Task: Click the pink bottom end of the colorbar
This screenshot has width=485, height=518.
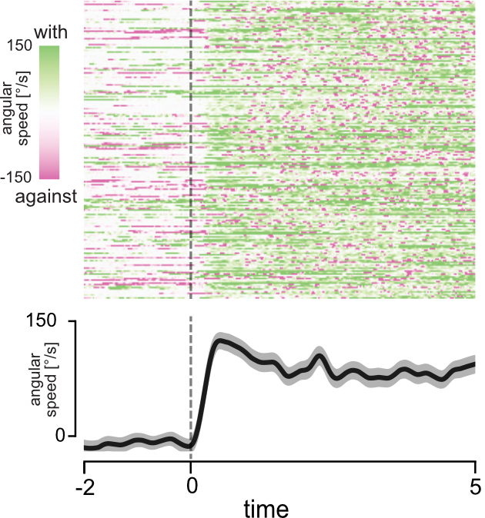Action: click(x=48, y=174)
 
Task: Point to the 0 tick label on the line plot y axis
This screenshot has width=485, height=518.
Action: click(x=65, y=436)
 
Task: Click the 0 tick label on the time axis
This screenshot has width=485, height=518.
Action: click(x=191, y=486)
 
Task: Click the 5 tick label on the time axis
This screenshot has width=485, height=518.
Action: click(x=475, y=486)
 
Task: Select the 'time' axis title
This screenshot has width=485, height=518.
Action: click(x=267, y=508)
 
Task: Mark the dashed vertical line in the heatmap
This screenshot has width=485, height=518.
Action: click(x=191, y=154)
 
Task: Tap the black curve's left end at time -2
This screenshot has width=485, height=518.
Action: click(x=85, y=447)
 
